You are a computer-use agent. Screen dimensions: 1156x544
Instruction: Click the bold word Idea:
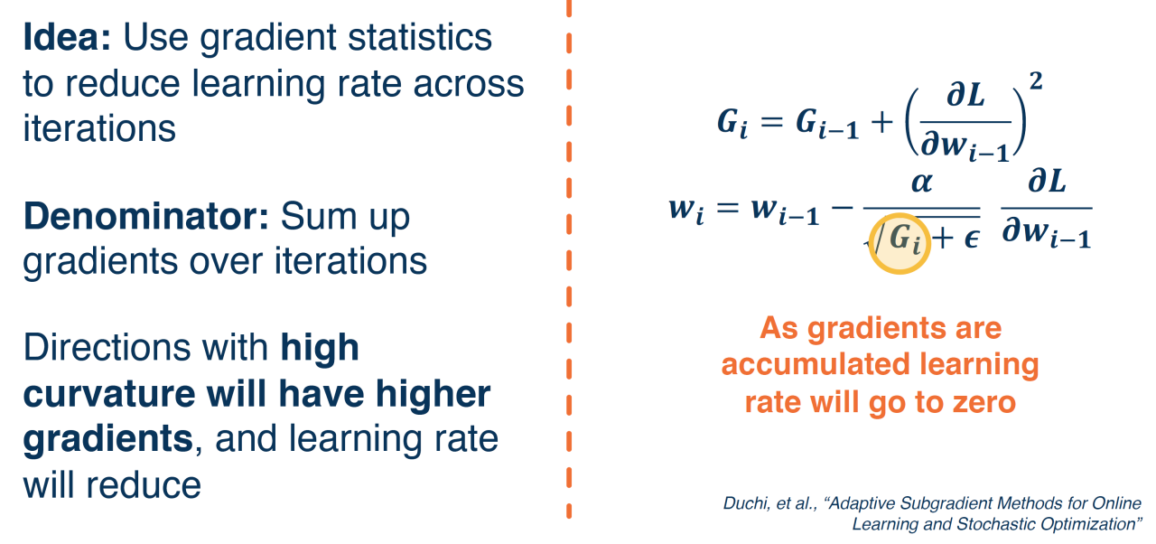tap(67, 37)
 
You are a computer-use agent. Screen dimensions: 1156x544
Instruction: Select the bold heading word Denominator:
tap(146, 216)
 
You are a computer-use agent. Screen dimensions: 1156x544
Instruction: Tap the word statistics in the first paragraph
tap(420, 37)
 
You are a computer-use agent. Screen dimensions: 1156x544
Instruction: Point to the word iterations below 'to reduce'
tap(99, 127)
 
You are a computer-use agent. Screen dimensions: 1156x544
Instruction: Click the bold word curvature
tap(109, 394)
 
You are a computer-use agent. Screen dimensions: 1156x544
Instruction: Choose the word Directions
tap(107, 347)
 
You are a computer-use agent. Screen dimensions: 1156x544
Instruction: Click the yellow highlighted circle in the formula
tap(900, 243)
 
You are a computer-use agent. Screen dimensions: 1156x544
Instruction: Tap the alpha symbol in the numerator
tap(922, 183)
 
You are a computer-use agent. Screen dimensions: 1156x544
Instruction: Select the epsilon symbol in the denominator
tap(972, 239)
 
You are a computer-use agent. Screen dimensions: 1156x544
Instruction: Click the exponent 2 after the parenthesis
tap(1036, 81)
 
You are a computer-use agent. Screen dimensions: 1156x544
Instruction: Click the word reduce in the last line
tap(144, 485)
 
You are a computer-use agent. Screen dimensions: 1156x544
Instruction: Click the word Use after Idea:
tap(156, 37)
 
